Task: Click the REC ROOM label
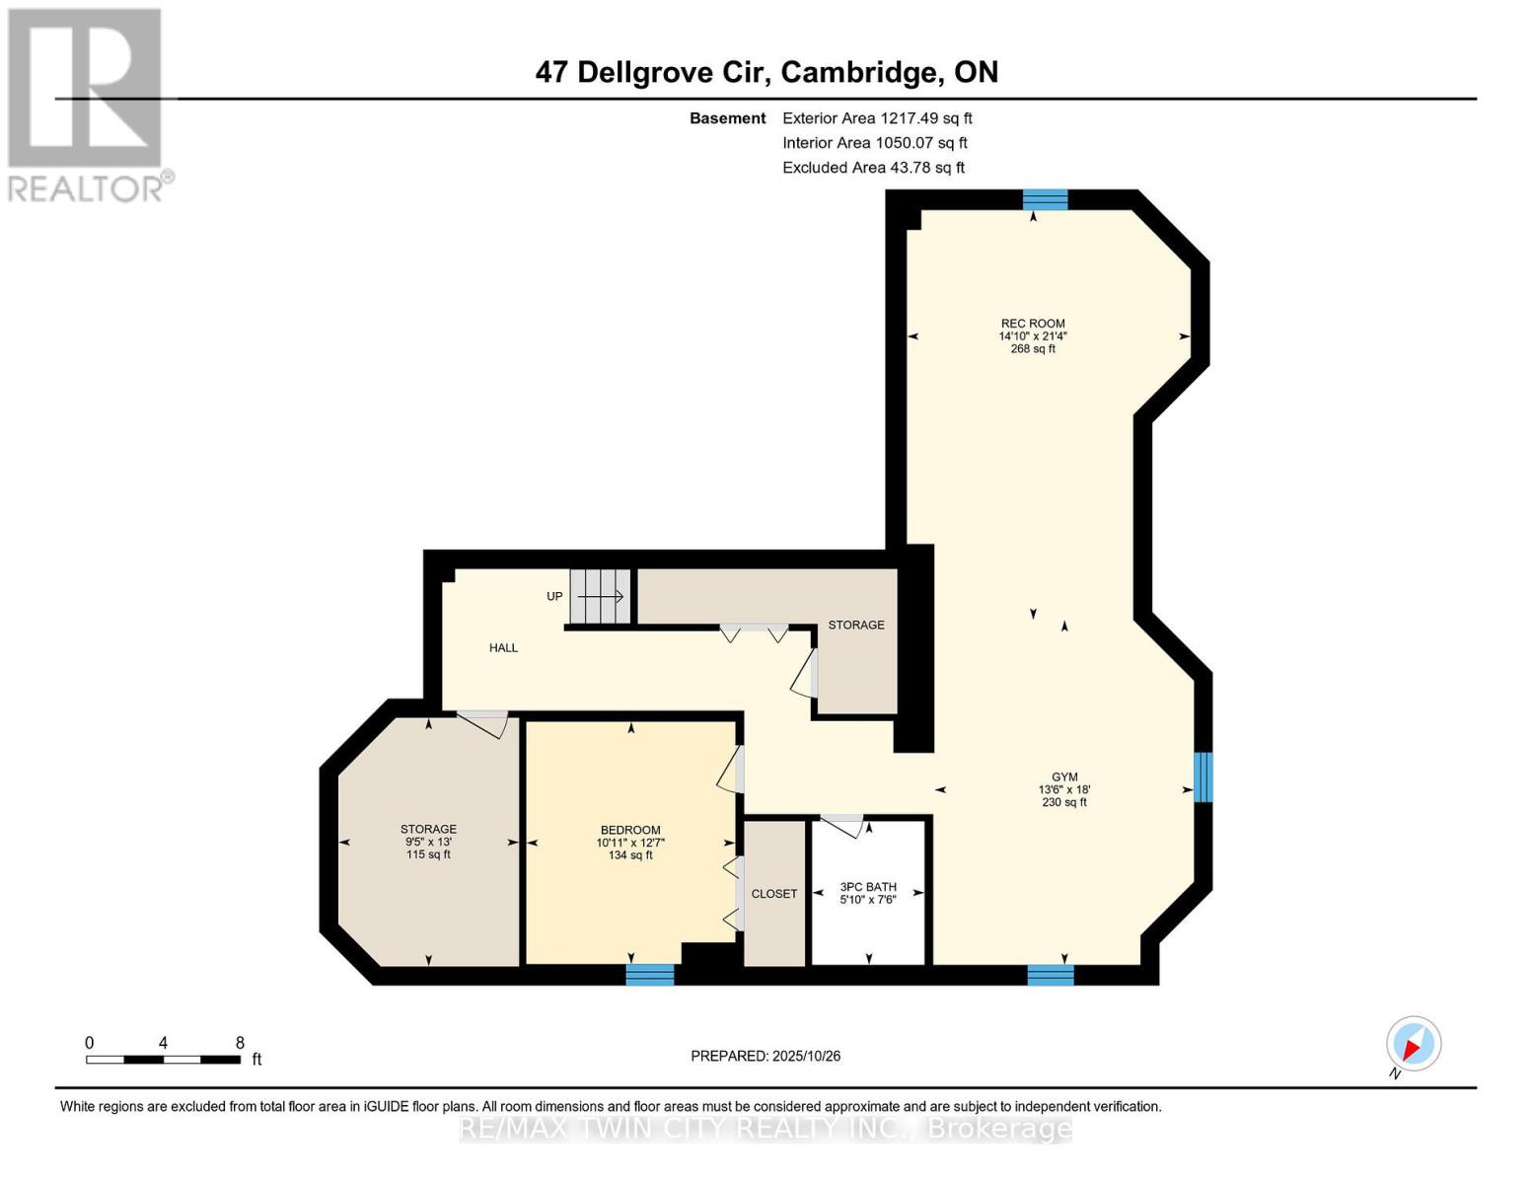pyautogui.click(x=1033, y=324)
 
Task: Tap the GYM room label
pyautogui.click(x=1064, y=777)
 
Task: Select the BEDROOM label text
pyautogui.click(x=630, y=830)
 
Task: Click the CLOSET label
pyautogui.click(x=774, y=894)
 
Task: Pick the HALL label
pyautogui.click(x=504, y=648)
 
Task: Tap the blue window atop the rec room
pyautogui.click(x=1045, y=200)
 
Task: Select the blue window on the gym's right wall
pyautogui.click(x=1203, y=777)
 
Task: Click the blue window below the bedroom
pyautogui.click(x=650, y=975)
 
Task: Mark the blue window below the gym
pyautogui.click(x=1051, y=975)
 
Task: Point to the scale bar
pyautogui.click(x=164, y=1060)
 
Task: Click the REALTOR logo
pyautogui.click(x=86, y=104)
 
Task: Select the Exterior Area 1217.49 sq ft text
pyautogui.click(x=877, y=118)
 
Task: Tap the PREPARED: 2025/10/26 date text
pyautogui.click(x=766, y=1056)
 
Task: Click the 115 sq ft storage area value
pyautogui.click(x=428, y=854)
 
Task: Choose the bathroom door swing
pyautogui.click(x=844, y=826)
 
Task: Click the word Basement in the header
pyautogui.click(x=728, y=118)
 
